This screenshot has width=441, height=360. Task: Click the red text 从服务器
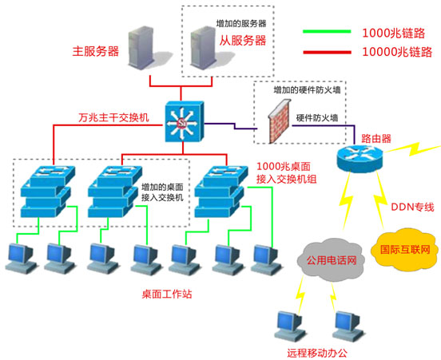[x=244, y=39]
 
